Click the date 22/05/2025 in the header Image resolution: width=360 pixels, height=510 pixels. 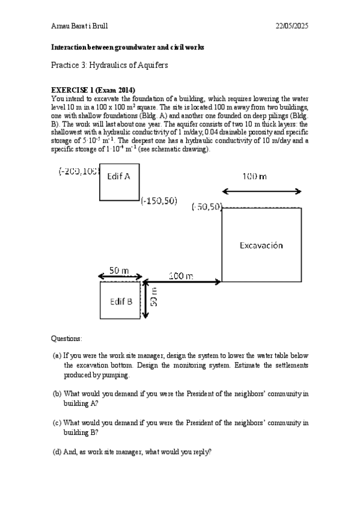tap(291, 26)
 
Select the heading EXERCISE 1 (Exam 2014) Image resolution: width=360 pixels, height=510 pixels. tap(93, 90)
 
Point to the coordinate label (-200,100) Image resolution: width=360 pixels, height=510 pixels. tap(78, 171)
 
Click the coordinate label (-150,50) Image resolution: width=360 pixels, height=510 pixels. tap(159, 201)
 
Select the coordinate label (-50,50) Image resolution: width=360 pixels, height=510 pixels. tap(207, 207)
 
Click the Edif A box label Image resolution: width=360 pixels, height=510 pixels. tap(123, 177)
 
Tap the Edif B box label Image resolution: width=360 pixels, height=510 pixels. tap(121, 301)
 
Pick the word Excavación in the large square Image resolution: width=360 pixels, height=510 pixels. tap(261, 245)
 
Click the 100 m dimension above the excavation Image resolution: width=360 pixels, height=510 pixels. tap(255, 177)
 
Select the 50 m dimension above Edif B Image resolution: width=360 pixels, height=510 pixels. tap(120, 271)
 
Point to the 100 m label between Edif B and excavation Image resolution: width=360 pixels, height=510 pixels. tap(180, 276)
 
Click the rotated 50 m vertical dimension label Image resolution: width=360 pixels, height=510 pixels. tap(154, 298)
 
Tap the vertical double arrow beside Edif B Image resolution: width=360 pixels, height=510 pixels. tap(147, 299)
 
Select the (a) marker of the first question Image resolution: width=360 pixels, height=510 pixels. tap(56, 356)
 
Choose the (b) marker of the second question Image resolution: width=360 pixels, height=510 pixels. tap(57, 394)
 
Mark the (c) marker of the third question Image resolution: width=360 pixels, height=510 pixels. tap(57, 423)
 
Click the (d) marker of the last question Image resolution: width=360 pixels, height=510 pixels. tap(57, 452)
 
